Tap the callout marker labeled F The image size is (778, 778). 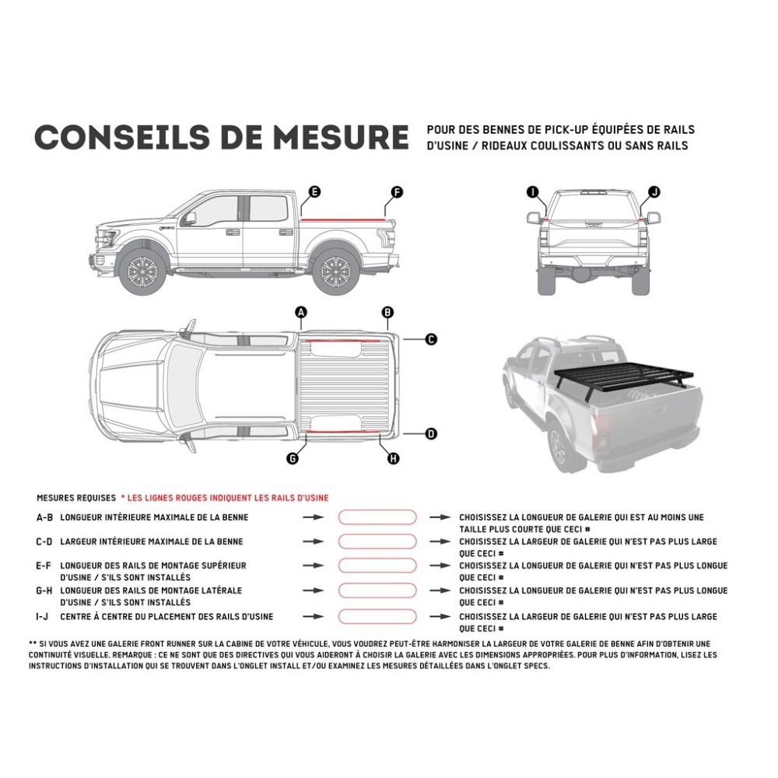(397, 191)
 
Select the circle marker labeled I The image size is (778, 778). (532, 191)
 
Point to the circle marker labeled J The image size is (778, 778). (654, 191)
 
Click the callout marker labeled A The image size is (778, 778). (302, 313)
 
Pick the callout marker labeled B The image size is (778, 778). (387, 313)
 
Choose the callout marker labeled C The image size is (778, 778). (431, 339)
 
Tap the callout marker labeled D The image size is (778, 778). (431, 434)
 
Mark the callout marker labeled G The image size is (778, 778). (293, 459)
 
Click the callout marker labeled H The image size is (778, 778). (393, 459)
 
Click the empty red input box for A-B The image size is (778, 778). (377, 517)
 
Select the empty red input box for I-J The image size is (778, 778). (377, 617)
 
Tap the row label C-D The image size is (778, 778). (44, 541)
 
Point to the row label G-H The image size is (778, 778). (44, 591)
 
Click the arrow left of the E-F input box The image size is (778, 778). (313, 566)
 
